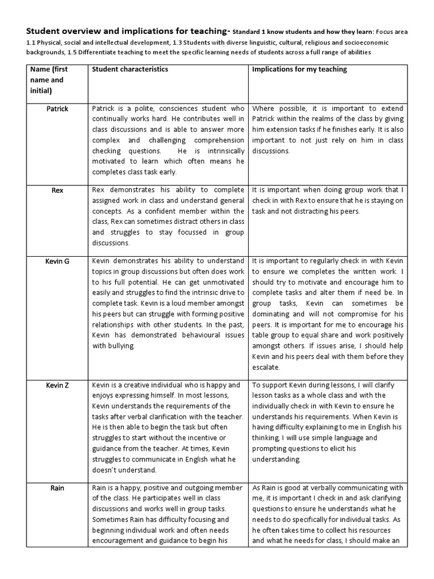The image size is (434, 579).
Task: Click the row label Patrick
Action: [x=57, y=109]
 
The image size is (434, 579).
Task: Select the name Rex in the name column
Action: [x=57, y=191]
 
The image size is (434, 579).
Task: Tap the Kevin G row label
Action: [x=57, y=262]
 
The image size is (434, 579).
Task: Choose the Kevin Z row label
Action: [x=57, y=385]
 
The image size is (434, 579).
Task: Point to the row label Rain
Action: [x=57, y=488]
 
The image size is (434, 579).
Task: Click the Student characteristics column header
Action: [x=129, y=70]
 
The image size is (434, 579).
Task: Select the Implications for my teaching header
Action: [x=300, y=70]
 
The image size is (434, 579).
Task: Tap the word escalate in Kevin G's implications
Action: [x=266, y=367]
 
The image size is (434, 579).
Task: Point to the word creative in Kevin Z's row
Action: [x=138, y=385]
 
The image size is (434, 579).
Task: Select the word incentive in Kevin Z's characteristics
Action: [x=200, y=438]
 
